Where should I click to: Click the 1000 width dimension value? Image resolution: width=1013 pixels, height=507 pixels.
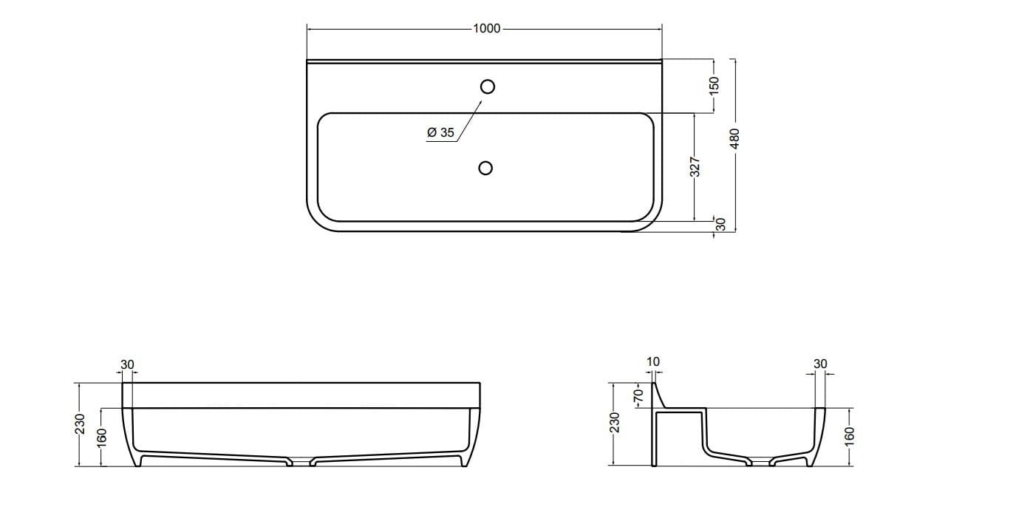click(x=485, y=29)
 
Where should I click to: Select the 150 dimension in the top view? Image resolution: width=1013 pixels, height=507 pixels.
click(x=714, y=85)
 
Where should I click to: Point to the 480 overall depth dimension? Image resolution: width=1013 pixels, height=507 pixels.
click(x=734, y=139)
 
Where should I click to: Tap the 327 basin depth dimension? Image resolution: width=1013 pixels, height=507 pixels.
click(x=695, y=167)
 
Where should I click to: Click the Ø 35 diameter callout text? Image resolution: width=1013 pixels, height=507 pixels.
click(x=440, y=133)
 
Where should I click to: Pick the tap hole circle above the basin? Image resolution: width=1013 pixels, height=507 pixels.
click(x=487, y=86)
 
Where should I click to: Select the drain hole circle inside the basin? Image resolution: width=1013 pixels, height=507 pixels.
click(x=485, y=168)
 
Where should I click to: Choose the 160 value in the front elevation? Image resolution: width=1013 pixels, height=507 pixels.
click(x=102, y=437)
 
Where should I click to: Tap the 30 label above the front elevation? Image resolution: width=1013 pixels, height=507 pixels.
click(x=127, y=364)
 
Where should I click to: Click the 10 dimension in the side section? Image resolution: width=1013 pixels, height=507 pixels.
click(x=653, y=362)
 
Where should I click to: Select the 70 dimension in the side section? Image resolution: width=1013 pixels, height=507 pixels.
click(x=640, y=395)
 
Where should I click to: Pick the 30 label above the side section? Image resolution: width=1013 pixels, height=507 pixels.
click(x=820, y=364)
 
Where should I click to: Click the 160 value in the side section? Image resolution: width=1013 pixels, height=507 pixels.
click(x=849, y=437)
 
